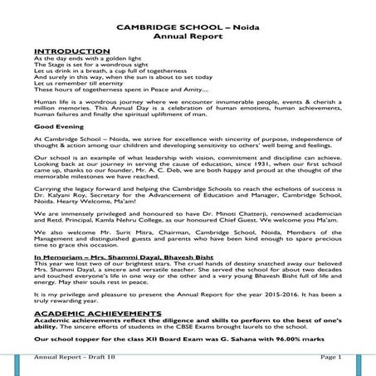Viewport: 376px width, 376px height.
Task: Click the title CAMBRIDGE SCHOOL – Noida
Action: coord(188,27)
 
